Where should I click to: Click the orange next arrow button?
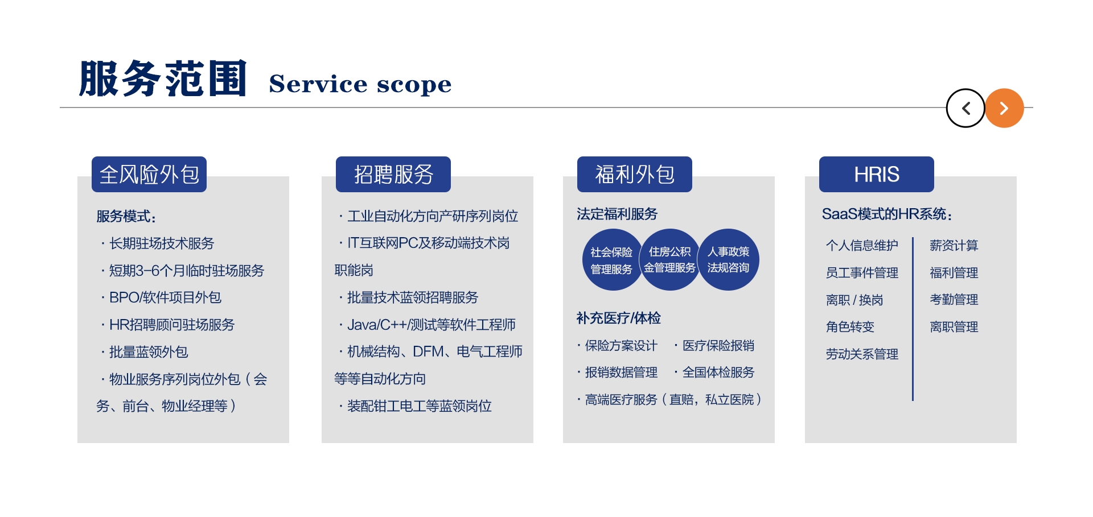1004,108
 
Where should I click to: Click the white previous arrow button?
965,108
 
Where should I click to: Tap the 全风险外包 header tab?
149,175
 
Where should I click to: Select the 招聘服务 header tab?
393,175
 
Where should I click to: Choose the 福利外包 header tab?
635,175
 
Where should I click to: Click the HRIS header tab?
876,175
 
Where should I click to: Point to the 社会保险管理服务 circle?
611,260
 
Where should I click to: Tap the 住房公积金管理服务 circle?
670,260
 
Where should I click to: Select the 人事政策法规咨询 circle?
729,260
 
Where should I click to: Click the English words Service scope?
360,84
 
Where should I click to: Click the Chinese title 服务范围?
163,78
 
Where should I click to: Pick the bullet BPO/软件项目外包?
165,297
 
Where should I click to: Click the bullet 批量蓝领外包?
149,352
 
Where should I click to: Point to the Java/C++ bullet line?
431,325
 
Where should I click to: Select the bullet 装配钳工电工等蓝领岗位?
419,406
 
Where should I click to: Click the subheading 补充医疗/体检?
618,318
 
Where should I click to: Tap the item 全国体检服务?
718,373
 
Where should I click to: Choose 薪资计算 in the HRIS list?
954,246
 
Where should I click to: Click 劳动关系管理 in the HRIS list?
862,354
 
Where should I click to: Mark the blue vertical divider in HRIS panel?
913,319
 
